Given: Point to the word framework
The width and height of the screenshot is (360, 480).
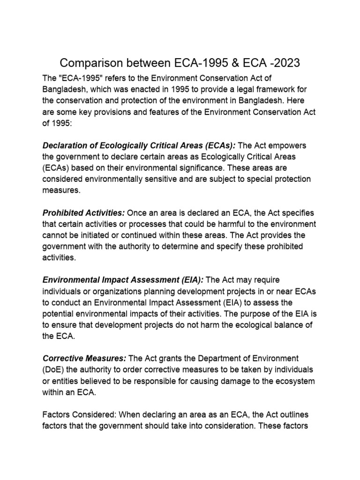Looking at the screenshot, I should coord(277,89).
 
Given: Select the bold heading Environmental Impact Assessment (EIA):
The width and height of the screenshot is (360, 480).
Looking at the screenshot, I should coord(123,280).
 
